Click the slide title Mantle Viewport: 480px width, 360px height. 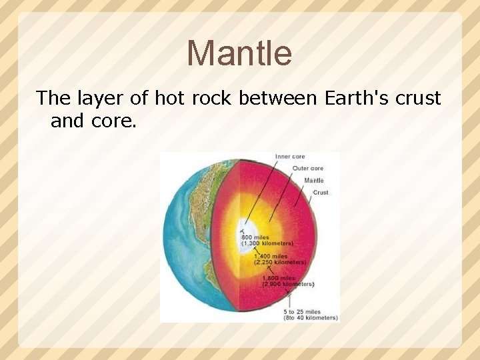[239, 53]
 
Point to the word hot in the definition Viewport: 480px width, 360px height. [169, 98]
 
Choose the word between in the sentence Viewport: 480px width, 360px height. [279, 98]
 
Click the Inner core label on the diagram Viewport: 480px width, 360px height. [290, 157]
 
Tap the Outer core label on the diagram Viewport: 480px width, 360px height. [308, 169]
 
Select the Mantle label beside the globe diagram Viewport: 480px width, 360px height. [313, 181]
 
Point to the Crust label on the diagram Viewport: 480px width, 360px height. [320, 193]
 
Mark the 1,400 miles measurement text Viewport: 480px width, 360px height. [271, 256]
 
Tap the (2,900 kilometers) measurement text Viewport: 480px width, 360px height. [288, 284]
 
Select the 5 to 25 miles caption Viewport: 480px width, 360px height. [301, 311]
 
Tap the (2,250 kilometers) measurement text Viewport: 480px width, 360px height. [280, 263]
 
